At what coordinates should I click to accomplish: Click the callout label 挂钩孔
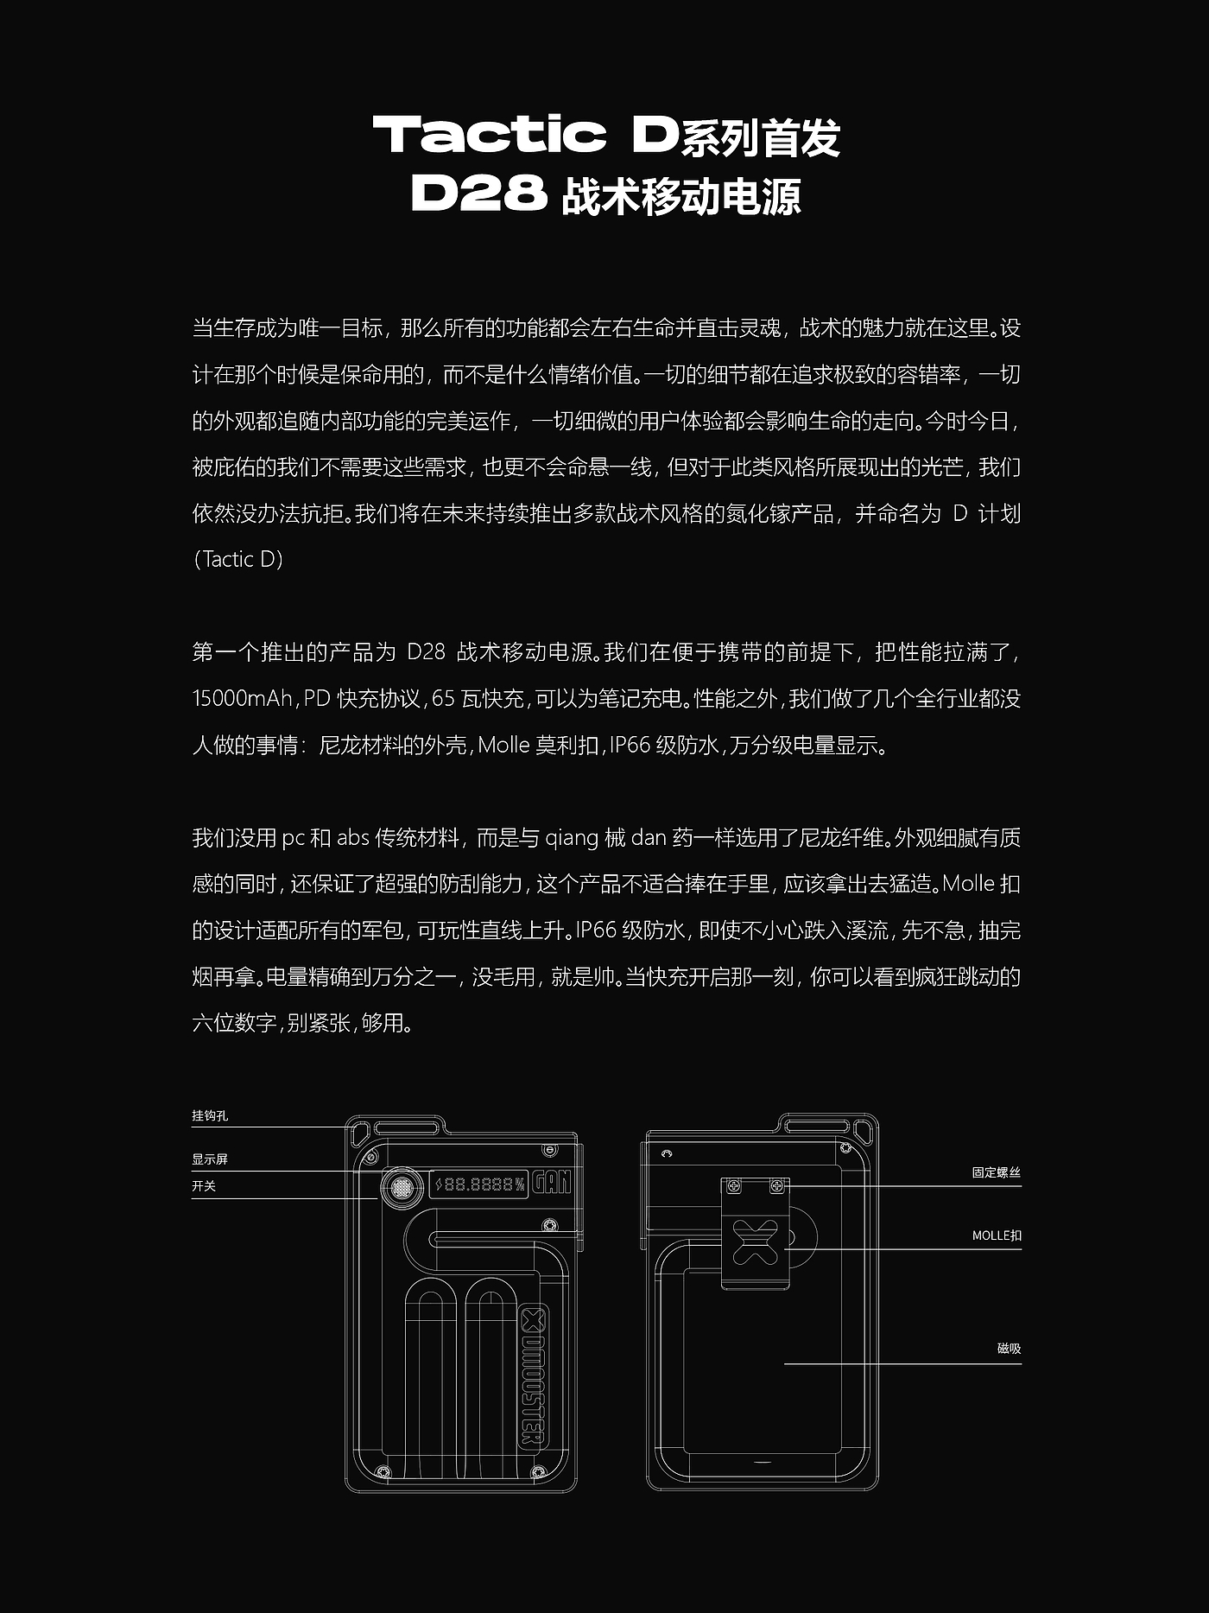(210, 1116)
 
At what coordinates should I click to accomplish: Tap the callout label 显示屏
(210, 1159)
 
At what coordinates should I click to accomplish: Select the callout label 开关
(204, 1186)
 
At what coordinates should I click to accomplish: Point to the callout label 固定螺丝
(996, 1173)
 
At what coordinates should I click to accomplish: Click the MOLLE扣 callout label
(996, 1236)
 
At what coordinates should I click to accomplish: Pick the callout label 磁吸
(1009, 1349)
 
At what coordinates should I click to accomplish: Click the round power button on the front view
(402, 1188)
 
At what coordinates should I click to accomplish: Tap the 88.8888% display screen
(478, 1184)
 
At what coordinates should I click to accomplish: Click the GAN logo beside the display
(551, 1181)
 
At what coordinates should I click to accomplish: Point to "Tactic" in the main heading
(489, 134)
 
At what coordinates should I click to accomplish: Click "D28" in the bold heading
(479, 194)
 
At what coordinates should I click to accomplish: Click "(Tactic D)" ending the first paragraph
(238, 560)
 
